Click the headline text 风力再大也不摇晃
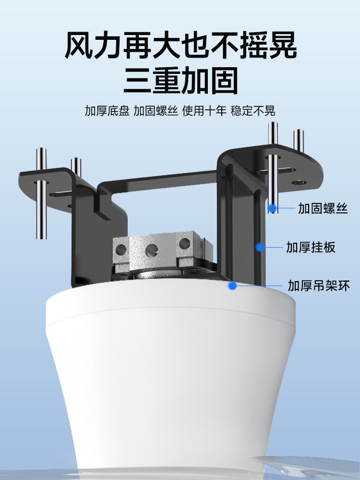(180, 46)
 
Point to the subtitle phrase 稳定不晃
(253, 111)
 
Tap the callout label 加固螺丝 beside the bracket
(323, 208)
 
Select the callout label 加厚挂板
(317, 247)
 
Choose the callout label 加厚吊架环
(319, 286)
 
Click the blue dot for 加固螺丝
(273, 208)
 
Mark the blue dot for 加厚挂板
(260, 247)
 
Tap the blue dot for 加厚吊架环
(233, 286)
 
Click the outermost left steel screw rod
(41, 197)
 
